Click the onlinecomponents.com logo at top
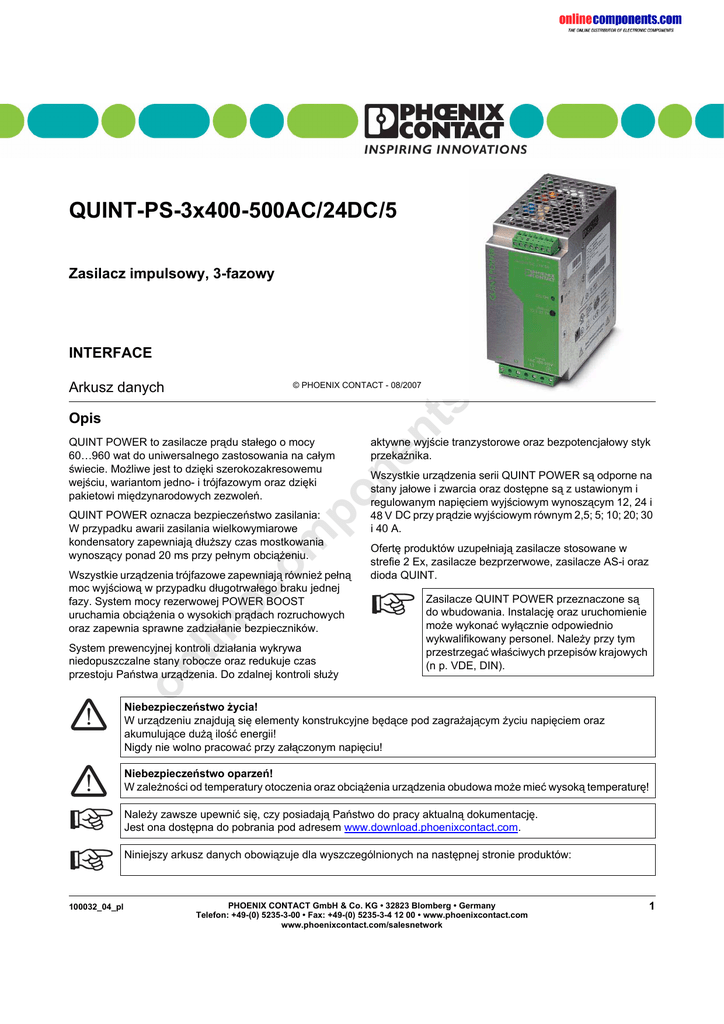pyautogui.click(x=620, y=20)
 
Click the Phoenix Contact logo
pyautogui.click(x=435, y=122)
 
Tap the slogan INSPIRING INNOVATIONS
pyautogui.click(x=437, y=150)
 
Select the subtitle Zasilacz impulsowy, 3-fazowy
pyautogui.click(x=171, y=273)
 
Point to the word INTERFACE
pyautogui.click(x=110, y=353)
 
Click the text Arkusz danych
pyautogui.click(x=116, y=387)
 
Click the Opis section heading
pyautogui.click(x=84, y=419)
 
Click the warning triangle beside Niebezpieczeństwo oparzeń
pyautogui.click(x=88, y=779)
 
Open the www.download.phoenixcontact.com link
pyautogui.click(x=431, y=828)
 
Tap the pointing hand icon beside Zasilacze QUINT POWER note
pyautogui.click(x=391, y=604)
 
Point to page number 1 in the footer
pyautogui.click(x=651, y=906)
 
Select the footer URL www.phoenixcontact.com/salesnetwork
pyautogui.click(x=361, y=925)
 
